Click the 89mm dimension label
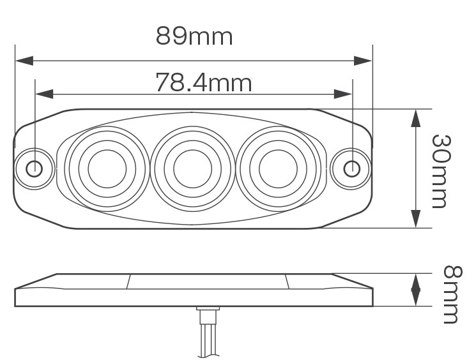point(194,36)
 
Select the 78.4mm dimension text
point(204,82)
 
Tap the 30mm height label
point(441,171)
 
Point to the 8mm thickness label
point(453,294)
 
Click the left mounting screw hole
point(34,169)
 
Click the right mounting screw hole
point(352,169)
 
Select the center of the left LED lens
point(107,169)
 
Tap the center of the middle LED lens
point(193,169)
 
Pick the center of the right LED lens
point(278,169)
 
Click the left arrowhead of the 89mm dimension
point(24,61)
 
